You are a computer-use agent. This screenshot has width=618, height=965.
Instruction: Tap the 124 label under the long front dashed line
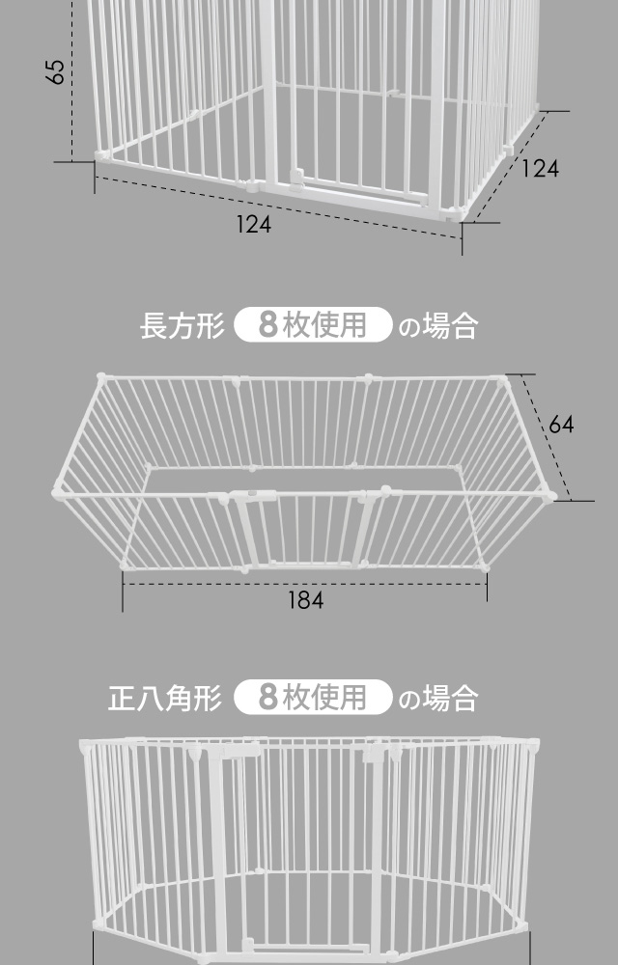[253, 224]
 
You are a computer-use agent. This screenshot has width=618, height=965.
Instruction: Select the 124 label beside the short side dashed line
[540, 168]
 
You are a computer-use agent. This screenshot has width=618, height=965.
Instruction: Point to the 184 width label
[305, 599]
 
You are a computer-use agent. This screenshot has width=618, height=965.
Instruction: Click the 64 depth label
[561, 424]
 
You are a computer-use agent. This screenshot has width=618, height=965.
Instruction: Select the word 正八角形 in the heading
[165, 697]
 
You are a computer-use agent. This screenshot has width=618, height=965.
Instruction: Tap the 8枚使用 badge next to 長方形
[313, 325]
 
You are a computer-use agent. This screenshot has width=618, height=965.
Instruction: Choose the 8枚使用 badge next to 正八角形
[313, 697]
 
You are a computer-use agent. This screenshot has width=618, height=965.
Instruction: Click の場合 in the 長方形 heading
[437, 326]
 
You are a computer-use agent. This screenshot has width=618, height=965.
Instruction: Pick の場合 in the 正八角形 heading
[437, 698]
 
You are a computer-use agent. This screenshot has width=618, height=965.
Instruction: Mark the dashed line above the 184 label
[305, 582]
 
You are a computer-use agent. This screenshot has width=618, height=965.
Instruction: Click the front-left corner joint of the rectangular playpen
[60, 493]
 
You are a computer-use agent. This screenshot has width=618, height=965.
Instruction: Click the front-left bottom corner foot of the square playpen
[100, 156]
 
